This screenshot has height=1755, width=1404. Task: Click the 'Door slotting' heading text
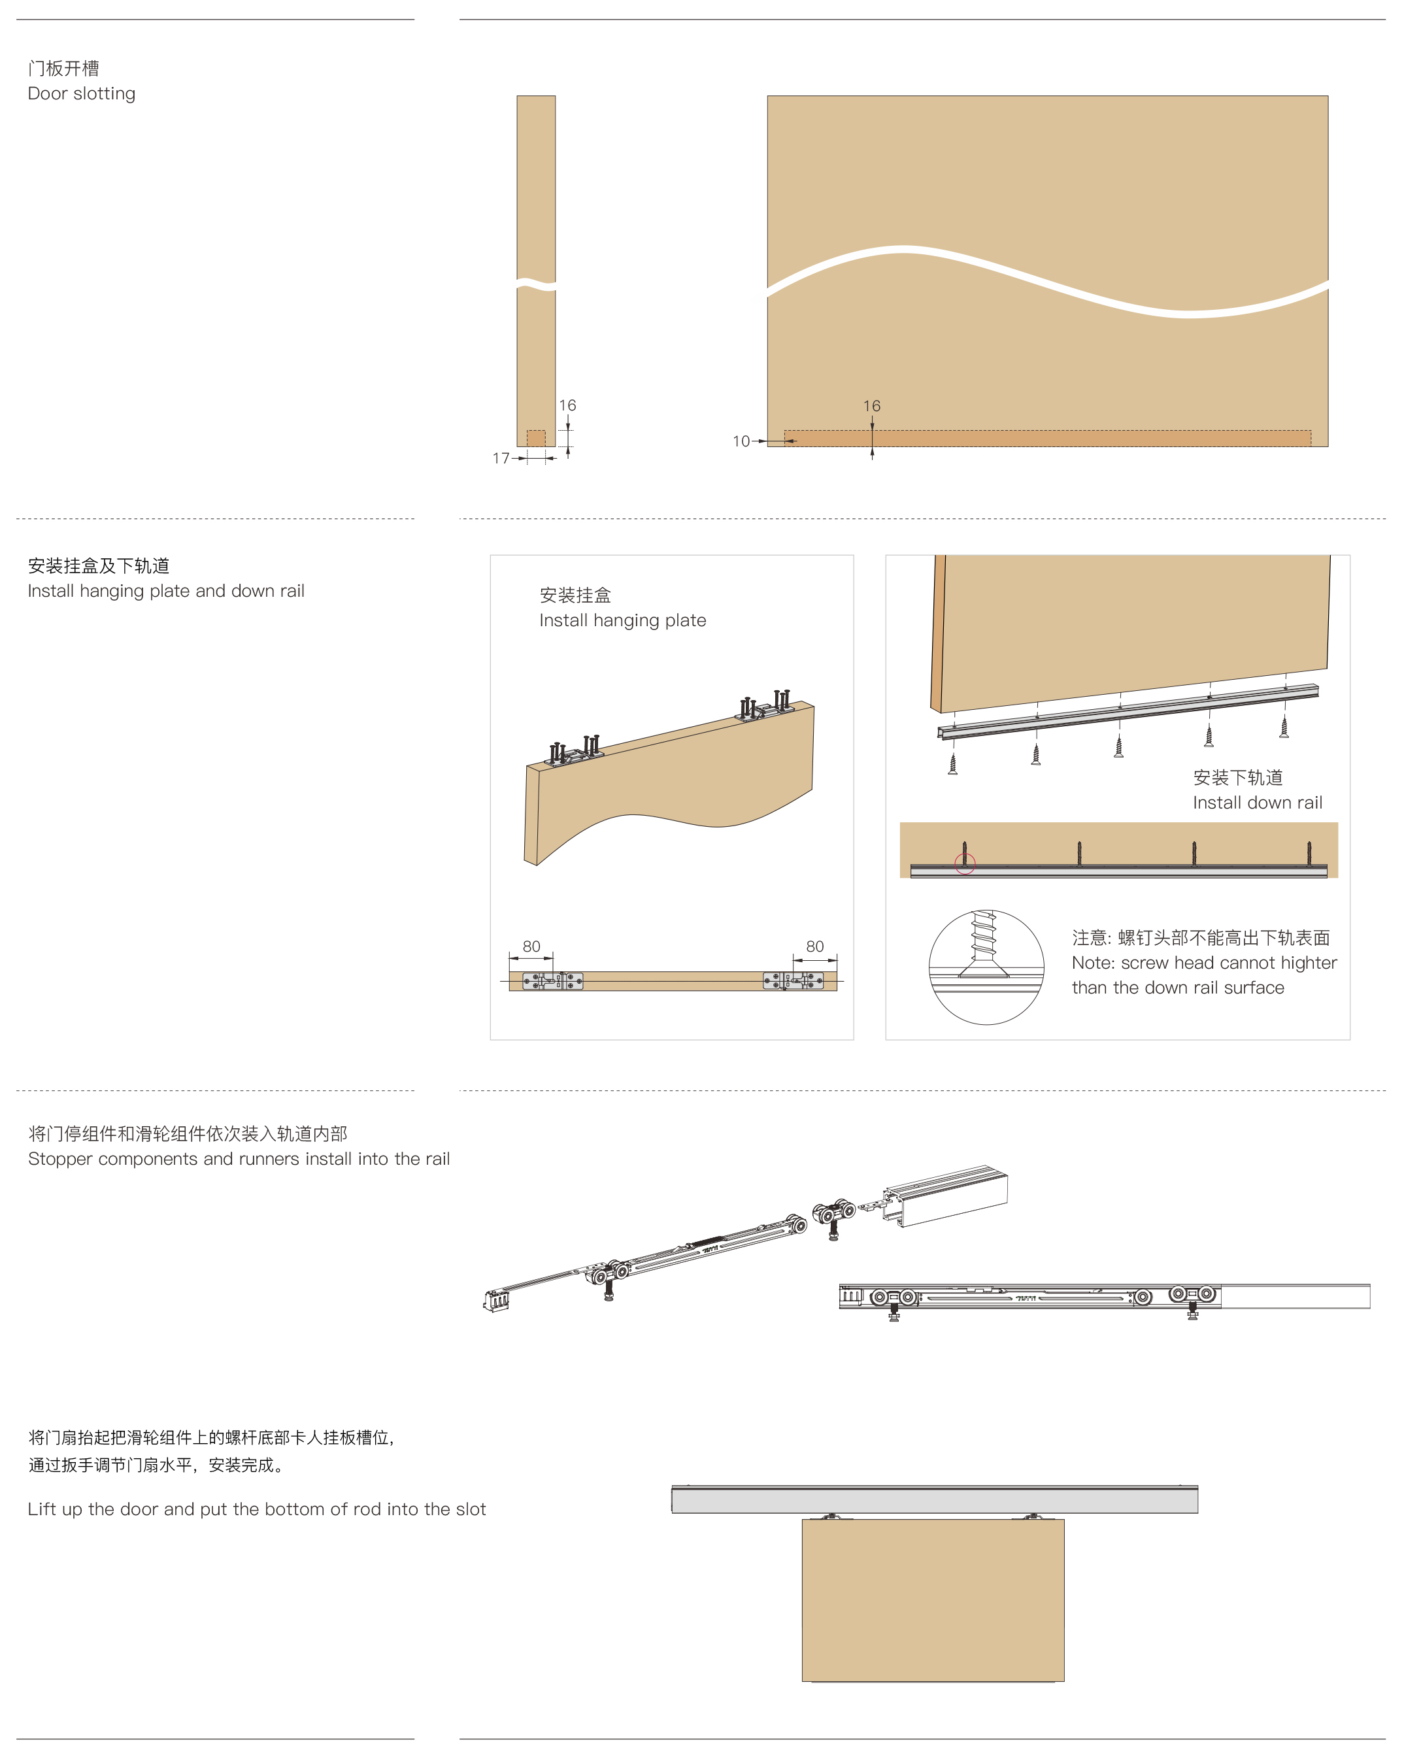(82, 93)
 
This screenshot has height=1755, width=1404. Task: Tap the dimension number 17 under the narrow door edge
(501, 458)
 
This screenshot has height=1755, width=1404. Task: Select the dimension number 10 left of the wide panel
(741, 441)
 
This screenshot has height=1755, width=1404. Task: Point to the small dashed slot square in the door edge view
(535, 438)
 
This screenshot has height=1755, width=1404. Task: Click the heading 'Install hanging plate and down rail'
(166, 591)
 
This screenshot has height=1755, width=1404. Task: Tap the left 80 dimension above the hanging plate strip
(531, 946)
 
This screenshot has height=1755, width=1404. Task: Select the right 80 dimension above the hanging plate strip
(814, 946)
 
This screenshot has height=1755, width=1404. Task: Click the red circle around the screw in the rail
(965, 863)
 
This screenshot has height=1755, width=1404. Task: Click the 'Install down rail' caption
(1258, 803)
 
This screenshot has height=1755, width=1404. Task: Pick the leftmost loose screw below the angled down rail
(952, 763)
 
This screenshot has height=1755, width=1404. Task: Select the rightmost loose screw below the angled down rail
(1284, 727)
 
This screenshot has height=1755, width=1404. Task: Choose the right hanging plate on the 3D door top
(765, 706)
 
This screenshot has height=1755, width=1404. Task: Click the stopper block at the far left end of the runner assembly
(495, 1300)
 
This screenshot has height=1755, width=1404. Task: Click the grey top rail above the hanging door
(935, 1499)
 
